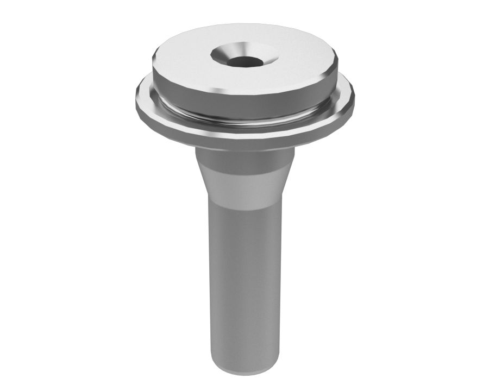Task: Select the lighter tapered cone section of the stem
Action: tap(244, 185)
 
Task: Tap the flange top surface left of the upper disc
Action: tap(146, 91)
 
